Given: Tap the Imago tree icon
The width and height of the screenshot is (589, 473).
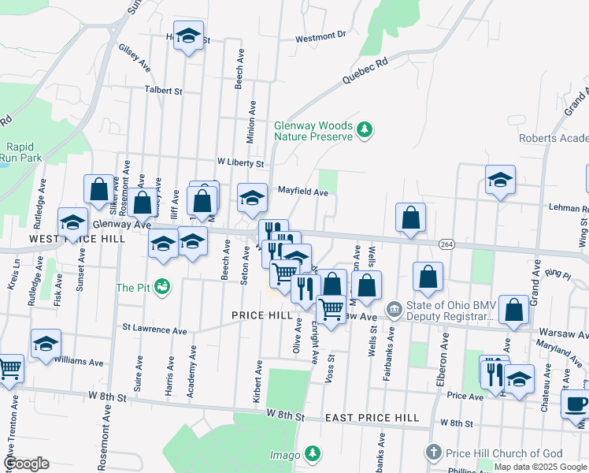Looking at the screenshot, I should [x=313, y=454].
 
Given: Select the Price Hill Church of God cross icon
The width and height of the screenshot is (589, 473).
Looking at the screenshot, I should [x=433, y=453].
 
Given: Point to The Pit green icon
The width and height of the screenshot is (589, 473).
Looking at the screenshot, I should [x=162, y=287].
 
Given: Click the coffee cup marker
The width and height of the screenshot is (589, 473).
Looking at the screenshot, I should [x=576, y=403].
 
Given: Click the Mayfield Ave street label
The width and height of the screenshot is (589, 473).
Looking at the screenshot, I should [x=303, y=192].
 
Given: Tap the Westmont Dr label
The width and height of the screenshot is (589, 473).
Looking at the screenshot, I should [x=321, y=36].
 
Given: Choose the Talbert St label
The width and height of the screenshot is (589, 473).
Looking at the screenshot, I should [x=163, y=91].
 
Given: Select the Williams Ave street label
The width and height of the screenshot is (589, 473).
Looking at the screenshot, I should [x=79, y=363].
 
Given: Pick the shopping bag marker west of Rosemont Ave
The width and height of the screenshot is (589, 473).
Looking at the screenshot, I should [x=99, y=189].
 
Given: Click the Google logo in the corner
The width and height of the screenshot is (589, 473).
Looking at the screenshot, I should [x=26, y=464].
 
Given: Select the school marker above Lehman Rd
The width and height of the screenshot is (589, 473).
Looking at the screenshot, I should [x=499, y=180].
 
